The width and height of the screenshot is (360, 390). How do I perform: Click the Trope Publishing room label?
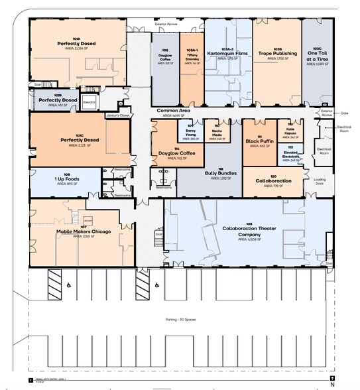click(x=276, y=52)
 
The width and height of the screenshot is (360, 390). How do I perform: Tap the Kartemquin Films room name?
click(x=227, y=52)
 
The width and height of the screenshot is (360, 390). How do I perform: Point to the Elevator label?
click(x=90, y=102)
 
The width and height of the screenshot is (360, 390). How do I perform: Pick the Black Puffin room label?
click(x=259, y=141)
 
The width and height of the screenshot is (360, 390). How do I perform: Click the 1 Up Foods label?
click(x=67, y=178)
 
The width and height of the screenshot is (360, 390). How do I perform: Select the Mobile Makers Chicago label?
click(x=84, y=231)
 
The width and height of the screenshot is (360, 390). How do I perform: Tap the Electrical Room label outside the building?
click(x=343, y=128)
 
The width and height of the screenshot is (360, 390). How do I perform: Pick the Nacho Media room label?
click(x=217, y=131)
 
